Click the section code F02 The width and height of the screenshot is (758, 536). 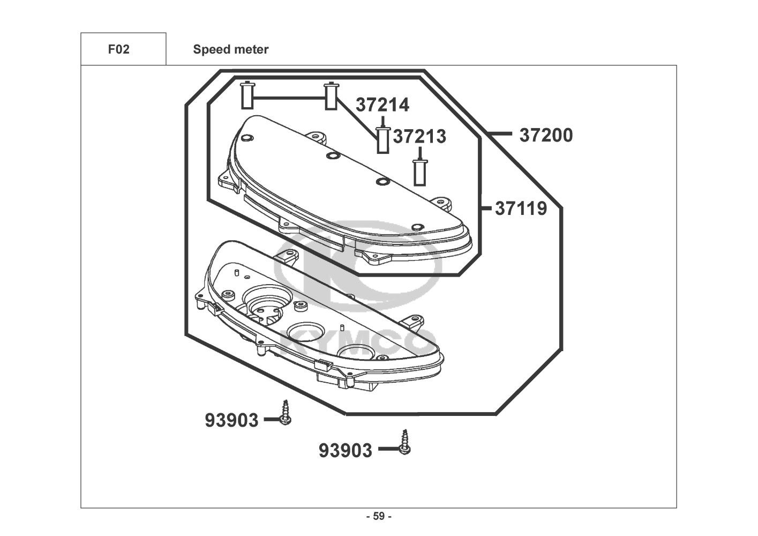tap(118, 50)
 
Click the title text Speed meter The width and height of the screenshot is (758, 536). tap(231, 50)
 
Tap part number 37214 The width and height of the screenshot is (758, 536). tap(382, 105)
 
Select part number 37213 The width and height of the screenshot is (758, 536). tap(419, 137)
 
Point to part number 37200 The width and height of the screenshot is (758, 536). tap(545, 135)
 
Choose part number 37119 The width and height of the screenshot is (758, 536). tap(521, 208)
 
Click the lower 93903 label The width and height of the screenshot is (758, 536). tap(345, 450)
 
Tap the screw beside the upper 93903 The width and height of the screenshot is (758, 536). tap(286, 413)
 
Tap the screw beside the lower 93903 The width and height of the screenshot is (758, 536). tap(405, 443)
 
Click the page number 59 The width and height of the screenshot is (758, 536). tap(379, 517)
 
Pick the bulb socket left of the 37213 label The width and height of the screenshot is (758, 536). tap(382, 139)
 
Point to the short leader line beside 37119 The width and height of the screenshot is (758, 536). tap(486, 207)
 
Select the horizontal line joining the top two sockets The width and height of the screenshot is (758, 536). tap(289, 98)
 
